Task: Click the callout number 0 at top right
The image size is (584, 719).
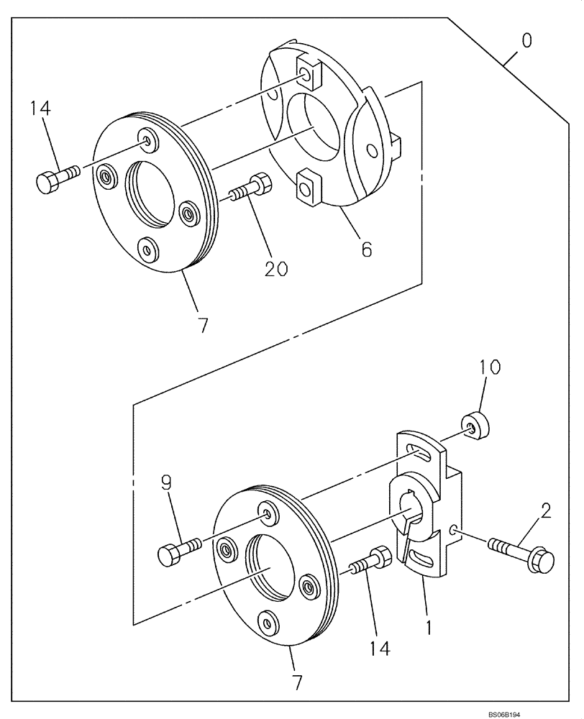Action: point(526,40)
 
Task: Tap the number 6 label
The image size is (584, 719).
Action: point(366,249)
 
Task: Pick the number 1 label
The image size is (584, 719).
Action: point(429,626)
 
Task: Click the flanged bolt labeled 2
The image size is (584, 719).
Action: point(522,554)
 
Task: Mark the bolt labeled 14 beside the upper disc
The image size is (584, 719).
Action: point(55,178)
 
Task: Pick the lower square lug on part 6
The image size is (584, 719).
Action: point(306,186)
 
